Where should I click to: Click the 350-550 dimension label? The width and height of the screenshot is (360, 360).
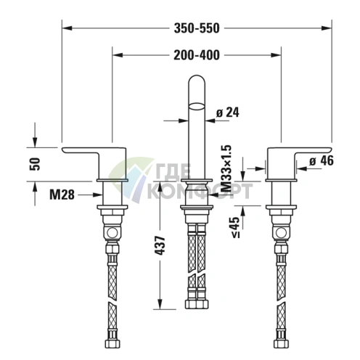pos(197,28)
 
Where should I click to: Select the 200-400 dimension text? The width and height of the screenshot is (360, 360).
pos(197,54)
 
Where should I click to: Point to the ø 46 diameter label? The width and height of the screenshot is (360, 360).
pos(321,161)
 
